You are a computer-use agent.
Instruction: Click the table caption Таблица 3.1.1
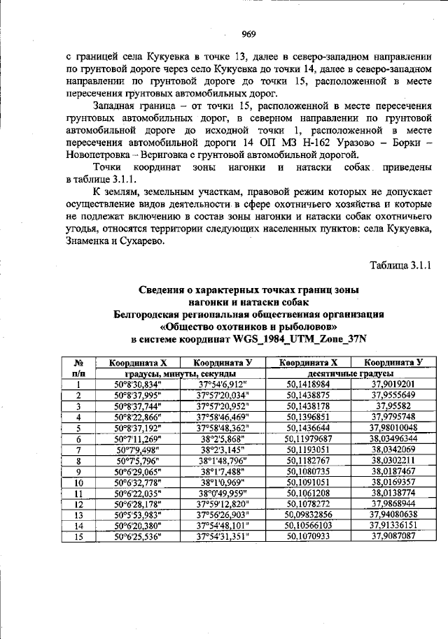tap(402, 265)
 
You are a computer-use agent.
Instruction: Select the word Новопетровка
tap(97, 155)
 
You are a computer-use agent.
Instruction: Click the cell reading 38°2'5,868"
tap(223, 438)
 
